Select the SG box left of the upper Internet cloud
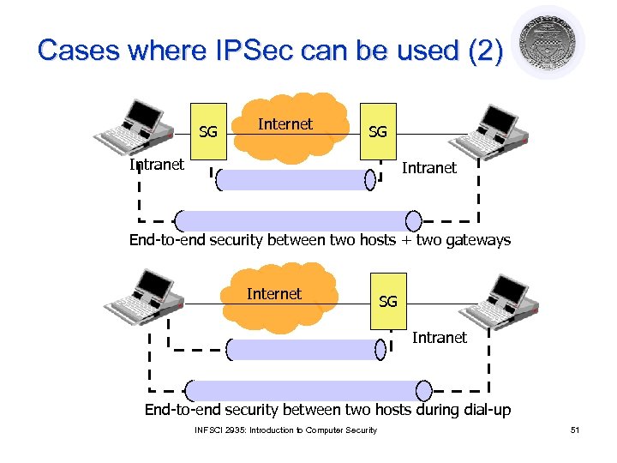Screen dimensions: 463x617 [208, 131]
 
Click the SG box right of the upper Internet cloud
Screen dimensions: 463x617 [377, 131]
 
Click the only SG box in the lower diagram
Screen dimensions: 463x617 [387, 301]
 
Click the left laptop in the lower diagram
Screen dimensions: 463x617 [142, 296]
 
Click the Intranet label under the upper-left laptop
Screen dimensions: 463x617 [156, 165]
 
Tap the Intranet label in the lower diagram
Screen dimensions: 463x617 [439, 338]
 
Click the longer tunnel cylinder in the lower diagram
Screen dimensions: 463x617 [308, 390]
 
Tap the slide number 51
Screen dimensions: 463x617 [575, 430]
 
